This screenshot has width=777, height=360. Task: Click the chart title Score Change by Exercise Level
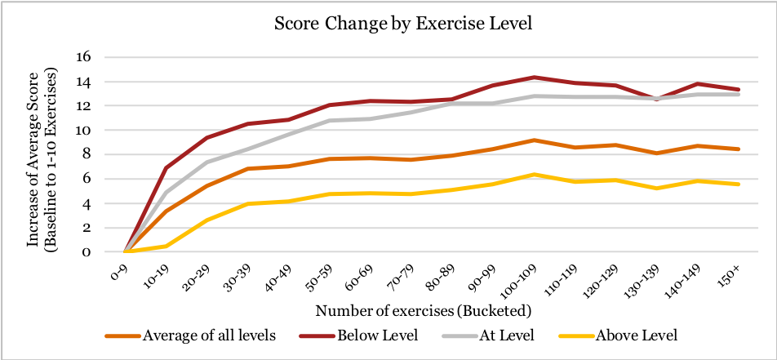[x=402, y=23]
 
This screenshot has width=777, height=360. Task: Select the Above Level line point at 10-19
[x=166, y=246]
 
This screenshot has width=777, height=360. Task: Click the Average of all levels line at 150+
[x=737, y=149]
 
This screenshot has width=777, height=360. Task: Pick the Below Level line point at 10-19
[x=166, y=168]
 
